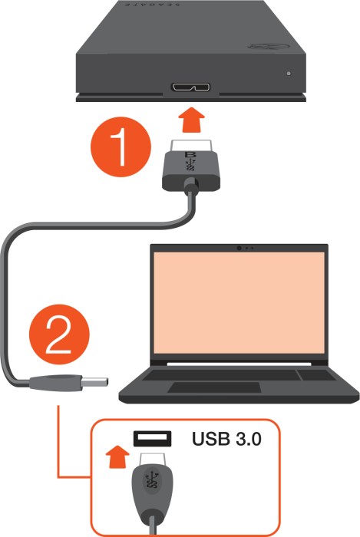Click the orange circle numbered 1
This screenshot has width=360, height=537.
click(x=121, y=147)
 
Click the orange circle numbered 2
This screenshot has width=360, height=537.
click(x=59, y=334)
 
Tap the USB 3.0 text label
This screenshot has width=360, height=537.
click(x=226, y=439)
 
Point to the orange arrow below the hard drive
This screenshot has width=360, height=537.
click(x=191, y=120)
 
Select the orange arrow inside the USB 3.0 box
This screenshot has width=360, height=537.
click(x=117, y=456)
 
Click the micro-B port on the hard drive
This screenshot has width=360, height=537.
click(x=191, y=87)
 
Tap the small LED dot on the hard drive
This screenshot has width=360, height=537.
click(x=289, y=74)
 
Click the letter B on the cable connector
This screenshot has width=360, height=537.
click(x=189, y=154)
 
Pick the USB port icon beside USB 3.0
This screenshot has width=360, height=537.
click(x=152, y=438)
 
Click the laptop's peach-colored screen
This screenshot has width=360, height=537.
click(x=239, y=303)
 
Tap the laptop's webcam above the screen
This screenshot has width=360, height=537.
click(x=239, y=248)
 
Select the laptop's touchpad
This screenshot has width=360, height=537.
click(x=214, y=387)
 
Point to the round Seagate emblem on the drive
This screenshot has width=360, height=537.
click(x=269, y=46)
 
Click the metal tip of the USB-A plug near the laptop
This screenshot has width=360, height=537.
click(x=95, y=381)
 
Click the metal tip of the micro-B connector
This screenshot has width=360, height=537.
click(x=191, y=144)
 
